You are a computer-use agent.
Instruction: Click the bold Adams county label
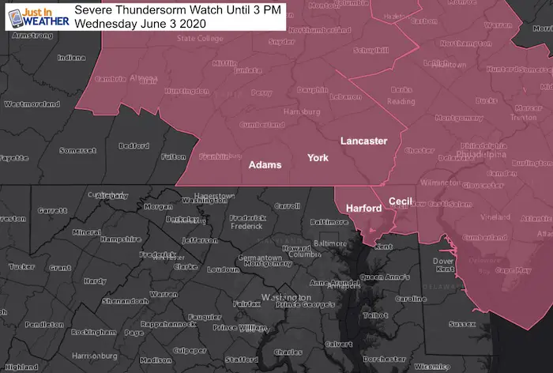click(265, 165)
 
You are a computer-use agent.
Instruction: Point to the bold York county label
click(318, 158)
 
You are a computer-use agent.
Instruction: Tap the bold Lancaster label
click(363, 141)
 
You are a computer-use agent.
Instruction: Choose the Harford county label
click(364, 208)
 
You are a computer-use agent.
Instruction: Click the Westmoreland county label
click(31, 104)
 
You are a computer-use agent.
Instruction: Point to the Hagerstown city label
click(215, 194)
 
